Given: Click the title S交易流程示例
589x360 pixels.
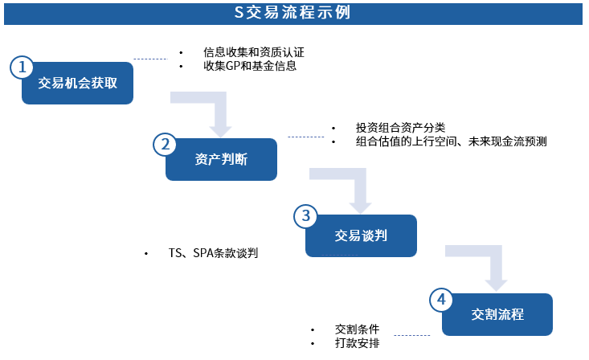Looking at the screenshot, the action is point(292,12).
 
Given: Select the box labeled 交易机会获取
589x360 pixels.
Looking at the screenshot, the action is point(77,83).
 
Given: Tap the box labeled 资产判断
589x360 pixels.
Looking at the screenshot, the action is point(221,159).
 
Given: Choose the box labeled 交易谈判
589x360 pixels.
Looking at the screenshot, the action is point(361,235).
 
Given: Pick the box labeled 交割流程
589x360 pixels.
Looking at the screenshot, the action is point(497,314).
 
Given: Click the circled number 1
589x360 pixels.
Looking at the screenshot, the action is point(22,67).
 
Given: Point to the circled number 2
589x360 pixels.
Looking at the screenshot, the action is point(165,145).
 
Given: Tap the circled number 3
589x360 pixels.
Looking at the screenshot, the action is point(305,216).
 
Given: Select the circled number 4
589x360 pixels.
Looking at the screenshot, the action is point(441,300).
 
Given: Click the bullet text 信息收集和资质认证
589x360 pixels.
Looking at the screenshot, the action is point(254,52).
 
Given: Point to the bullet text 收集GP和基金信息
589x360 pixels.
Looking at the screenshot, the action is point(250,66).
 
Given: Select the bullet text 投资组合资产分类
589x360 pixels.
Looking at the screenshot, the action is point(400,128).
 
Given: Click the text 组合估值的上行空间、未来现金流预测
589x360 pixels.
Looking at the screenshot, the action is point(451,141).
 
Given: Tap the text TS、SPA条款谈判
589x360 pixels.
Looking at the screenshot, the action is point(213,253).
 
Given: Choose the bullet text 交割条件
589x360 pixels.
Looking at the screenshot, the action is point(357,329).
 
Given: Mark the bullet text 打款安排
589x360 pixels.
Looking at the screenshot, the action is point(357,343).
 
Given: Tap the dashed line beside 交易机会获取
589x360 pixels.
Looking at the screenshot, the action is point(150,59).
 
